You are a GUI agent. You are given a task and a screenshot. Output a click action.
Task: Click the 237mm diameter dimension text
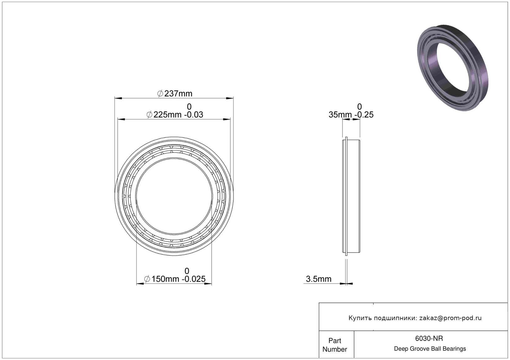click(x=175, y=93)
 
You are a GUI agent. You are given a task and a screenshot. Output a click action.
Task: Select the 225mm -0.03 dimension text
click(x=175, y=114)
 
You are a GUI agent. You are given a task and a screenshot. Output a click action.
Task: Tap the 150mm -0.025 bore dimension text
click(x=175, y=279)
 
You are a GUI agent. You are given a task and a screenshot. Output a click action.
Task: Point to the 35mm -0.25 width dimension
click(x=351, y=114)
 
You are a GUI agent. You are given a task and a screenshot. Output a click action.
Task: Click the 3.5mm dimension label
click(x=318, y=279)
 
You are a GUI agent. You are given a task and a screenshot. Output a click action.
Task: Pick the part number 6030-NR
click(x=429, y=338)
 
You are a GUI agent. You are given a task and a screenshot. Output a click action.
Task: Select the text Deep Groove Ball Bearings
click(x=430, y=349)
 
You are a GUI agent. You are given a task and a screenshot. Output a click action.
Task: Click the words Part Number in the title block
click(x=335, y=345)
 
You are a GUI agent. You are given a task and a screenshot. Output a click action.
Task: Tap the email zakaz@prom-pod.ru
click(x=450, y=318)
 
